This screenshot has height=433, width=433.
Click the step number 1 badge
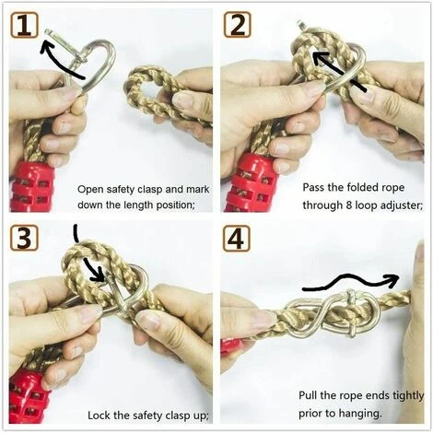tap(25, 26)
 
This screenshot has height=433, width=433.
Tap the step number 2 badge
tap(237, 25)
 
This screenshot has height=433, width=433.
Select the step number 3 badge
tap(24, 238)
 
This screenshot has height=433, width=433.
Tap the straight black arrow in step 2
tap(339, 72)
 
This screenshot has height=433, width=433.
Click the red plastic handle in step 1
tap(30, 187)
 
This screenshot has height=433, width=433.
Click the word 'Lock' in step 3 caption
tap(99, 415)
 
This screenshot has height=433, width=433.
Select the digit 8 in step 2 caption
tap(349, 205)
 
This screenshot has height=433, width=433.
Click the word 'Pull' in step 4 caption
tap(308, 395)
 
